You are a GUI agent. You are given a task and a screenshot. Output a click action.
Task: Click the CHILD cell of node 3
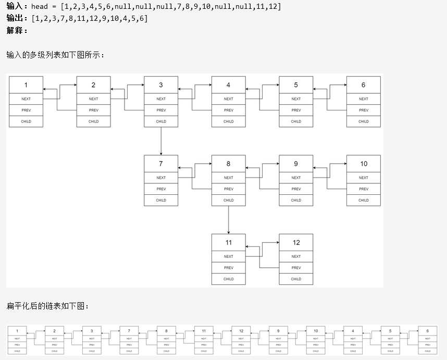coord(161,121)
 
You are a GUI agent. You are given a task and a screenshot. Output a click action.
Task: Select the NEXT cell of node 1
coord(26,99)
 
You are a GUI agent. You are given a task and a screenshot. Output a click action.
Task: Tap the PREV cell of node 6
coord(363,110)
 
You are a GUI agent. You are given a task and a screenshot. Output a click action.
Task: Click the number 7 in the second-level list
coord(161,164)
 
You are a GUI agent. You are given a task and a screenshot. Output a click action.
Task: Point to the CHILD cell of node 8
coord(228,200)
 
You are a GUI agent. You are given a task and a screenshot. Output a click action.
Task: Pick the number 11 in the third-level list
coord(228,242)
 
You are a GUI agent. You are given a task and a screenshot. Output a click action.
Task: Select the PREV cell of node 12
coord(296,268)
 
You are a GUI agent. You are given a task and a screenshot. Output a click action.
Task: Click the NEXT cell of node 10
coord(363,178)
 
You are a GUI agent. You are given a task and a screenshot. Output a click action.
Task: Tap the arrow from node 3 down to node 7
coord(161,141)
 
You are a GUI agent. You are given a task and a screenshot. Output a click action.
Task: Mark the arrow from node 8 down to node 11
coord(228,219)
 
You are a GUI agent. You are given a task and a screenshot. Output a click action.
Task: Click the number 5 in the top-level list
coord(296,85)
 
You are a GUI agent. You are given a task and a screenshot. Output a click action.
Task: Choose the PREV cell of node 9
coord(296,189)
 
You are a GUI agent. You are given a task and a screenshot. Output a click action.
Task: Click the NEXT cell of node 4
coord(228,99)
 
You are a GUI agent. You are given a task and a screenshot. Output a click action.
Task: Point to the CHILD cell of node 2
coord(93,121)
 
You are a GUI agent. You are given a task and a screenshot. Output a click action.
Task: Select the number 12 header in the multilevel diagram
coord(296,242)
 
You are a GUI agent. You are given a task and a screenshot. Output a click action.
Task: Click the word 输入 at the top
coord(15,6)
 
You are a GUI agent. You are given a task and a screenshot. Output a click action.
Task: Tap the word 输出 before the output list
coord(15,18)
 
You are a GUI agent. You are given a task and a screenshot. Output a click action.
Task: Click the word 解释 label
coord(15,30)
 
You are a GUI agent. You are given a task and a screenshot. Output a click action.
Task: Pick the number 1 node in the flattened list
coord(17,331)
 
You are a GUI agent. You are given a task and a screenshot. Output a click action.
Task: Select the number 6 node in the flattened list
coord(427,331)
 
